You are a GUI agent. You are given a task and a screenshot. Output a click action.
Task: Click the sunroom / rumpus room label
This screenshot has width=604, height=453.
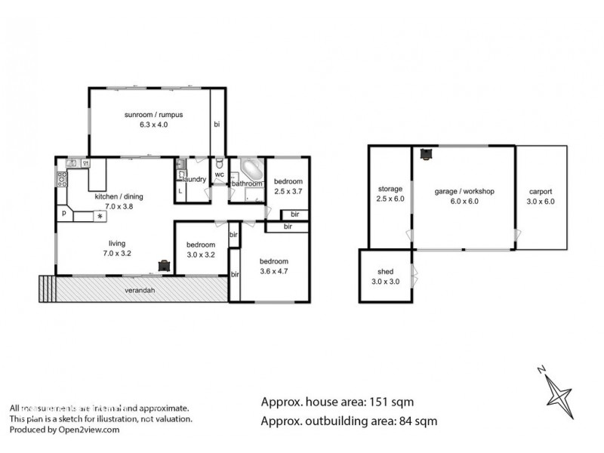(155, 115)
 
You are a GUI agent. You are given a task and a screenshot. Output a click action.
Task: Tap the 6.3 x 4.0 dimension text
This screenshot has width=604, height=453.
(155, 126)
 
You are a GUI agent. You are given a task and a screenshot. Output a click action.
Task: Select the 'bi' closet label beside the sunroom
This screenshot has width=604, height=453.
(217, 124)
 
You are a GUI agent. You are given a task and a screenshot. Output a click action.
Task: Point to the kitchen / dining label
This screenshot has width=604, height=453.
(119, 196)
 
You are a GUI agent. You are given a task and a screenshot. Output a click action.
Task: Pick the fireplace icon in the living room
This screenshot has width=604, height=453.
(164, 265)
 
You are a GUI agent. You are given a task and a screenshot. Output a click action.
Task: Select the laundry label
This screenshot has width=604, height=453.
(195, 180)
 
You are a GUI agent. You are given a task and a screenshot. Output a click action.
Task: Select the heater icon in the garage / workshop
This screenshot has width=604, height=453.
(427, 154)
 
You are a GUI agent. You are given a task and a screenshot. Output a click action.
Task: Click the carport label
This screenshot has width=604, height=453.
(541, 191)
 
